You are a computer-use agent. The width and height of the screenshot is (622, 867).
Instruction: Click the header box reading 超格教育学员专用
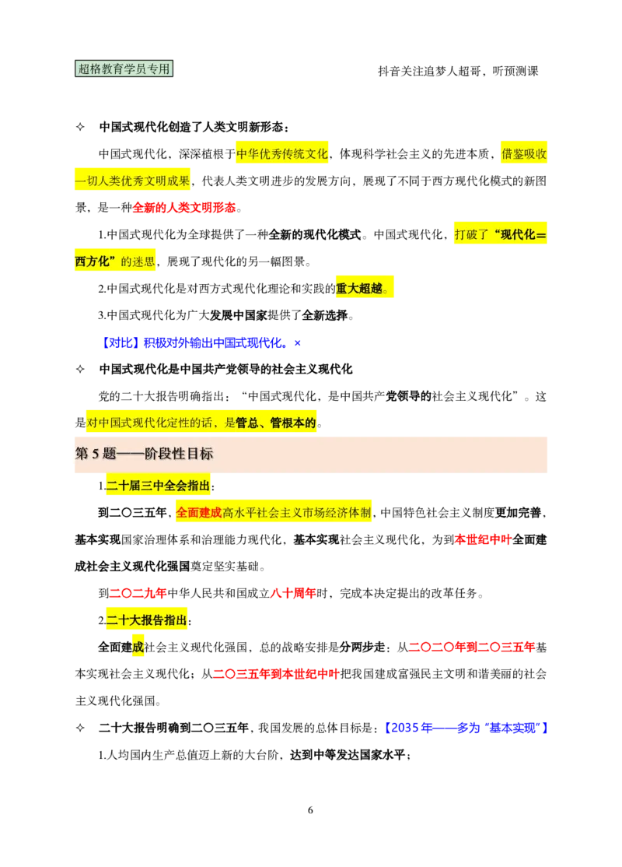124,68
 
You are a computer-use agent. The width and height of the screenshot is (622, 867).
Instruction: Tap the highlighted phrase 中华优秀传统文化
282,153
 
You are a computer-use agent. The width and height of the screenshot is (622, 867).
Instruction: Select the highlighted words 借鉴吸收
524,153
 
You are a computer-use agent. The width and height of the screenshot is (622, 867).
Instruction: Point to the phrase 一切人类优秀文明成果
131,181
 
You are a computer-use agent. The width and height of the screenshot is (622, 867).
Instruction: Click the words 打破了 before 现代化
471,234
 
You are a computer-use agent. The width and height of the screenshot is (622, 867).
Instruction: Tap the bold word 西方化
94,262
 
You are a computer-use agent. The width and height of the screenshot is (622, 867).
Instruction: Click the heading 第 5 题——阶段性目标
144,454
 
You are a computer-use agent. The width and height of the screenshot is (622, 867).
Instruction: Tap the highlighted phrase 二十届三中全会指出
158,486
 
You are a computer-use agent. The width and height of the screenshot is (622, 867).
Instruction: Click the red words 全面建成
198,513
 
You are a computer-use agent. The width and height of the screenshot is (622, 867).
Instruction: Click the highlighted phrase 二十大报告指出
147,620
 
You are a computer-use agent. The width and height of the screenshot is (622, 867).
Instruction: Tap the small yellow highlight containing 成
138,647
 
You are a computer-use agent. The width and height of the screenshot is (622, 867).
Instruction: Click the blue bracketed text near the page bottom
466,728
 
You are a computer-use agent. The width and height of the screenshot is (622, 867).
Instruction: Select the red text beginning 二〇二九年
138,594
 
